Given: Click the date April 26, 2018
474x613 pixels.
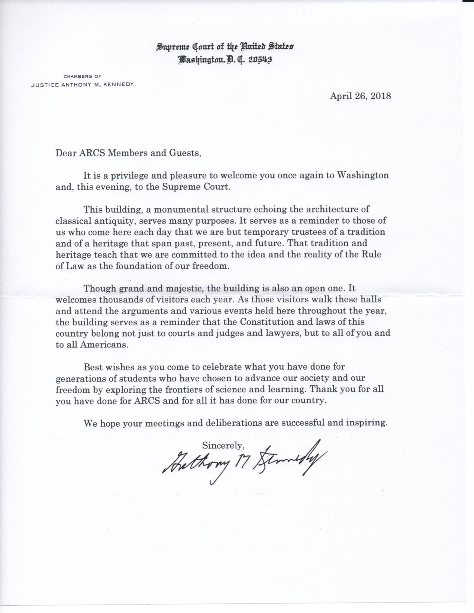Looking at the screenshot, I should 360,96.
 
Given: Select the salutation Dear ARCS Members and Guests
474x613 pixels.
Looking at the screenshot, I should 128,153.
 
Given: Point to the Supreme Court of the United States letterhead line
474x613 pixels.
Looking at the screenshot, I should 225,47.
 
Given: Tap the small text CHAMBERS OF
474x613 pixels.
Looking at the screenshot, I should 83,76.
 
